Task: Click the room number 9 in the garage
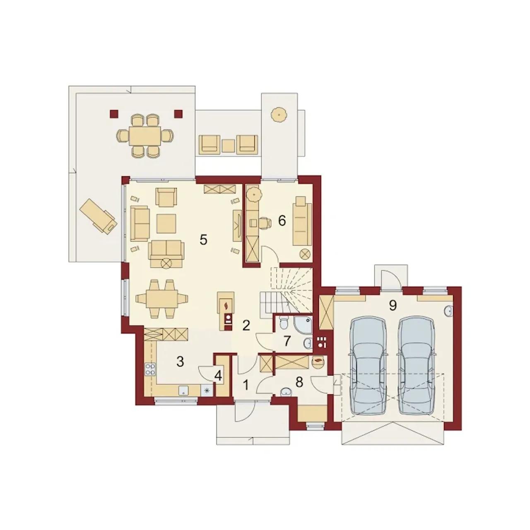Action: coord(393,305)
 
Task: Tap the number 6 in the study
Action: coord(282,221)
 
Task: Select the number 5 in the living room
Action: coord(203,240)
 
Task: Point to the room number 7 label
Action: coord(287,341)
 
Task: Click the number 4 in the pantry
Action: coord(218,376)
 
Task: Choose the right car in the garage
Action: coord(417,366)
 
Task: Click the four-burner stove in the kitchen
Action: coord(150,369)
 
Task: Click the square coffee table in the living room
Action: coord(166,223)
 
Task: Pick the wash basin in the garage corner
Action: coord(448,311)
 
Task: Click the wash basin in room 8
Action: coord(286,392)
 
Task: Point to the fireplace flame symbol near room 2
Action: coord(226,305)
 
